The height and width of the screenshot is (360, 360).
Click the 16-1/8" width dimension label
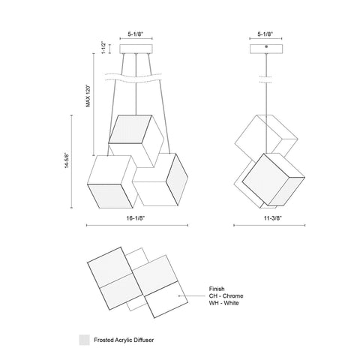[136, 218]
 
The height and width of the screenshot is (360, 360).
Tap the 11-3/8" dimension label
[273, 218]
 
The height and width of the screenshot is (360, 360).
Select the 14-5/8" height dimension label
[67, 160]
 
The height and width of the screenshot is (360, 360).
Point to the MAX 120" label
[88, 96]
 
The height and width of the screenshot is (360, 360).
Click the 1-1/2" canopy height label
[103, 48]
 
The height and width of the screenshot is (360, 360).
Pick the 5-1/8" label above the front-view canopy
[136, 34]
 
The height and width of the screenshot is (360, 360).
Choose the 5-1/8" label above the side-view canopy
[265, 34]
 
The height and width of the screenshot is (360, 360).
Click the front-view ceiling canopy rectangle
[136, 49]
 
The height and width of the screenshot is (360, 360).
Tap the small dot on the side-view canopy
[266, 46]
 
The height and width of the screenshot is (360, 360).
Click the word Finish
[217, 289]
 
